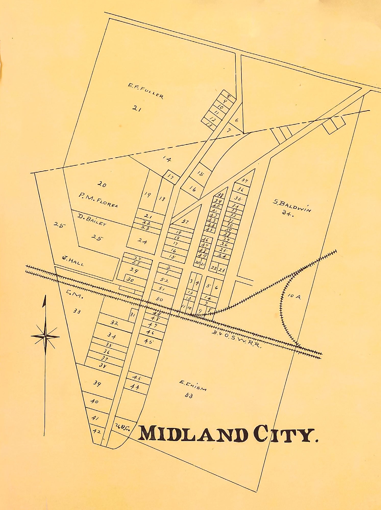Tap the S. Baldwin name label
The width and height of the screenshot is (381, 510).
[292, 206]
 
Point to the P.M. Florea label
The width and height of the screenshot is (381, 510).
[98, 200]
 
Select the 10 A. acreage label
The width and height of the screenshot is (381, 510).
[294, 296]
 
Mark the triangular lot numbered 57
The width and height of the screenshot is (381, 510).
[185, 221]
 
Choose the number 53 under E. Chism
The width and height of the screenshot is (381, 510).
[189, 396]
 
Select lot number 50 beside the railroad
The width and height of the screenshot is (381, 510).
[159, 299]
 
